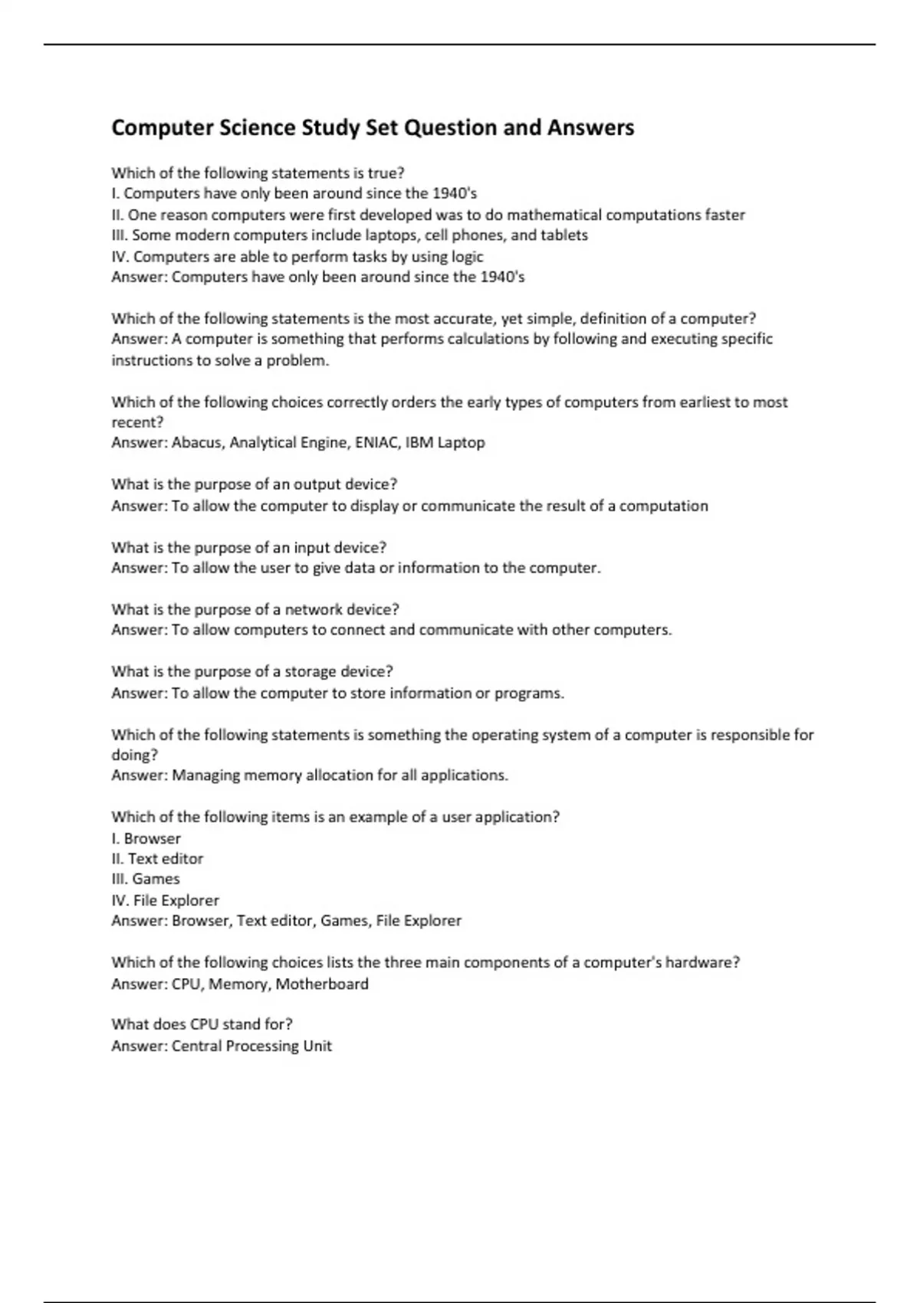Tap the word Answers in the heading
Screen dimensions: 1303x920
pyautogui.click(x=590, y=127)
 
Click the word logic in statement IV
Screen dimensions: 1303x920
pyautogui.click(x=467, y=257)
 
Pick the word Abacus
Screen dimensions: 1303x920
pyautogui.click(x=196, y=442)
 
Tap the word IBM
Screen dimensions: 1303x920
pyautogui.click(x=419, y=442)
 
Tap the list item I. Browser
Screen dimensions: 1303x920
pyautogui.click(x=146, y=839)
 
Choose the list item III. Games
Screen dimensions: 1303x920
pyautogui.click(x=146, y=879)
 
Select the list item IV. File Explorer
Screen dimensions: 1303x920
pyautogui.click(x=165, y=901)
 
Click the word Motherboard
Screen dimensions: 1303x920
pyautogui.click(x=322, y=983)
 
